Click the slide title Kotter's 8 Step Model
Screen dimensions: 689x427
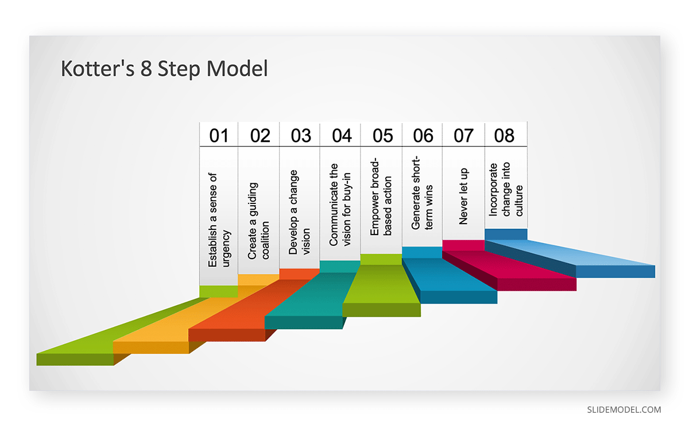[x=164, y=68]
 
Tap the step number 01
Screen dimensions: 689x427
[x=219, y=136]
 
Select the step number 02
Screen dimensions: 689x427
[x=260, y=136]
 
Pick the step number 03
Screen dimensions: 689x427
[x=301, y=136]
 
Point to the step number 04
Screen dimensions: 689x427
[x=342, y=136]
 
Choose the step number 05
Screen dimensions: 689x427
[x=382, y=136]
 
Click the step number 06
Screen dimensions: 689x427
[x=423, y=136]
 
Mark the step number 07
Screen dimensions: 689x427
[x=463, y=136]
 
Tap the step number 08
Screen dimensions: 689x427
[x=504, y=136]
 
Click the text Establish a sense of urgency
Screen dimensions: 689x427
[x=219, y=220]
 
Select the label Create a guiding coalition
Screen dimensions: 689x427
[x=258, y=221]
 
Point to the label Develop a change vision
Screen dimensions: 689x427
[x=299, y=213]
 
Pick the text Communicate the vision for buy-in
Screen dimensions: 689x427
[x=340, y=205]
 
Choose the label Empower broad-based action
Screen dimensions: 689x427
[x=381, y=197]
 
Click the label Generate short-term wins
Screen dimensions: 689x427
[x=421, y=193]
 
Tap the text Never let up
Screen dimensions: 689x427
[x=463, y=197]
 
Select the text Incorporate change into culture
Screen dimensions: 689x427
[x=506, y=190]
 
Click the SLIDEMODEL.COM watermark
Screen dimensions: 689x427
[x=624, y=410]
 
